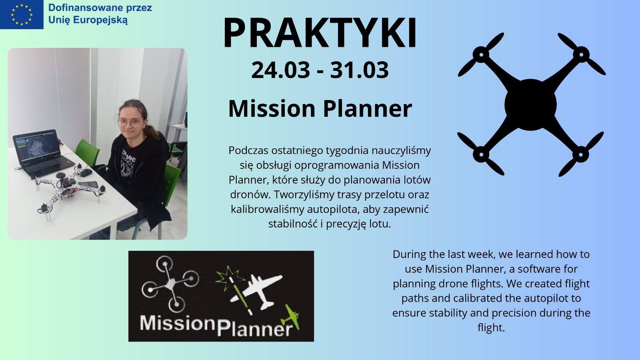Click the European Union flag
coord(22,14)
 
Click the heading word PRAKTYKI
coord(320,33)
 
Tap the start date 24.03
coord(280,70)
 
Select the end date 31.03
coord(360,70)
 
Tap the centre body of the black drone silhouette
coord(530,105)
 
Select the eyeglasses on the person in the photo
coord(130,123)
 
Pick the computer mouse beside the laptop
coord(86,172)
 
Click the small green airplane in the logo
coord(291,317)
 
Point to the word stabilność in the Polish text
coord(293,224)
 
